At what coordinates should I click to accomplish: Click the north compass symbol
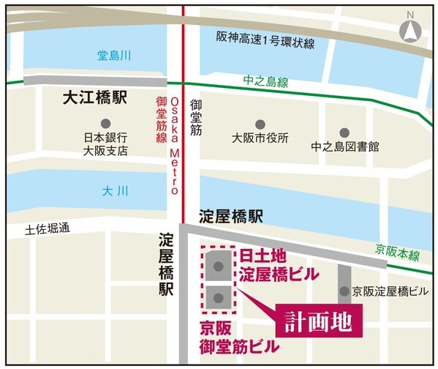[x=410, y=31]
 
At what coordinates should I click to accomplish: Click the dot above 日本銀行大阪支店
[x=106, y=123]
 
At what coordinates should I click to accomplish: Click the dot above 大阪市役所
[x=260, y=124]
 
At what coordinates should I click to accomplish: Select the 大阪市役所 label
[x=260, y=138]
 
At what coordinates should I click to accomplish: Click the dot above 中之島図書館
[x=344, y=133]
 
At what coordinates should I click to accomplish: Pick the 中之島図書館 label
[x=344, y=146]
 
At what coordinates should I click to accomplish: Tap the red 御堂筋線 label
[x=162, y=120]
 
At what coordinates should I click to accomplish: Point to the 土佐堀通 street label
[x=46, y=229]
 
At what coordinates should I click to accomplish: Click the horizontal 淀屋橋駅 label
[x=231, y=217]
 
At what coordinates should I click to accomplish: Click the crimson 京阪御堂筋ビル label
[x=239, y=337]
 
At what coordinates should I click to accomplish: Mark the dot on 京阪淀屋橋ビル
[x=344, y=291]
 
